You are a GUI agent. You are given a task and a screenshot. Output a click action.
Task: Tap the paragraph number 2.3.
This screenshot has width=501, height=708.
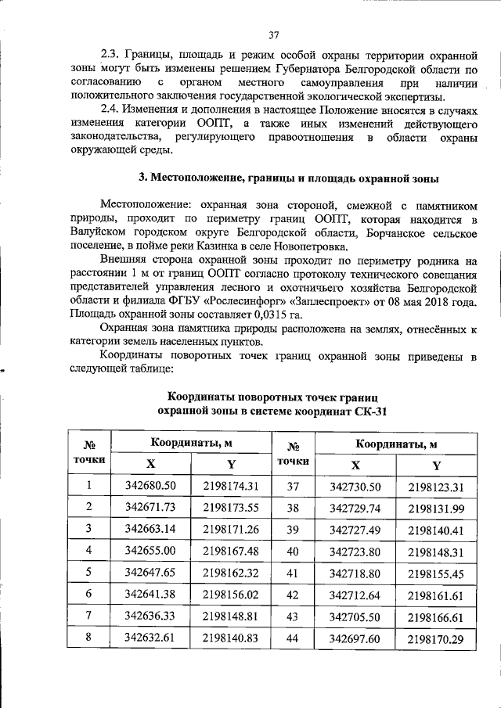click(114, 56)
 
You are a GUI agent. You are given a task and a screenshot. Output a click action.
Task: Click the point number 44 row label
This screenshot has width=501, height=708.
click(294, 638)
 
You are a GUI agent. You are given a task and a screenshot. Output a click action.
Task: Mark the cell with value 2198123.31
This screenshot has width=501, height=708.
click(436, 487)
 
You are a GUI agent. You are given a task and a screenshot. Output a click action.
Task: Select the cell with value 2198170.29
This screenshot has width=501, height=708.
click(436, 639)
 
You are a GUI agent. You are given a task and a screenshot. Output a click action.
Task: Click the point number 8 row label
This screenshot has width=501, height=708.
click(88, 637)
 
